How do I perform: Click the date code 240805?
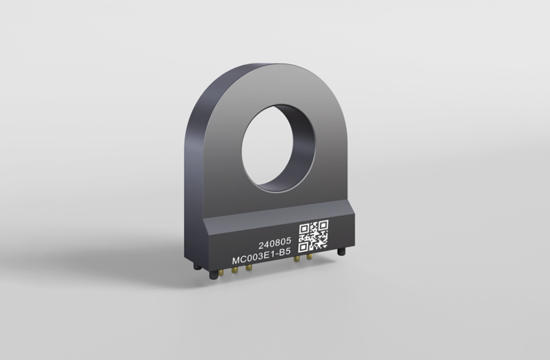275,243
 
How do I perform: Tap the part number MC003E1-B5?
261,259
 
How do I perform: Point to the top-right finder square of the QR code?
323,225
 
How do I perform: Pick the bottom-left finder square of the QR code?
304,247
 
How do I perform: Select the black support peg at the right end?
341,252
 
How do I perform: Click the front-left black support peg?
213,275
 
